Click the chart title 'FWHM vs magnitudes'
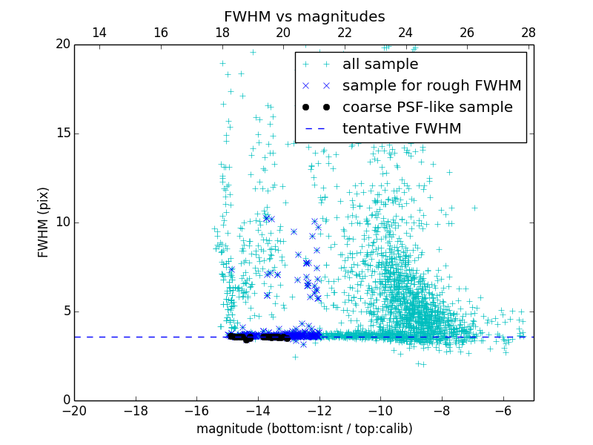(x=304, y=16)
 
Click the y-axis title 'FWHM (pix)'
(x=44, y=222)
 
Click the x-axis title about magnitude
(x=304, y=429)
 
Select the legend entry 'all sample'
(x=380, y=65)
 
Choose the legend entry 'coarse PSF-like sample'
(x=427, y=108)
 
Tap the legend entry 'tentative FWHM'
(x=401, y=129)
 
